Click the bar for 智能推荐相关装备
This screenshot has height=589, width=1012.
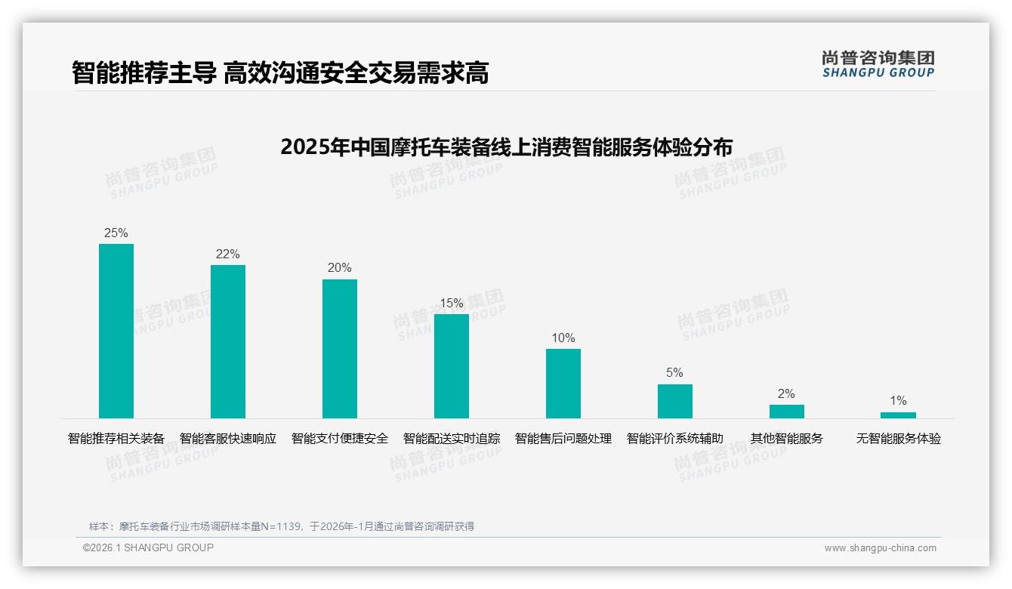[x=116, y=331]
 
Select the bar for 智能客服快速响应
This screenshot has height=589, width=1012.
[x=228, y=341]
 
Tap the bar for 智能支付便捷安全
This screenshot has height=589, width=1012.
[x=340, y=348]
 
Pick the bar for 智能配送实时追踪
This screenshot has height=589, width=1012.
[x=452, y=365]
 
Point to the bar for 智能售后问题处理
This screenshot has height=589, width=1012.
[x=563, y=383]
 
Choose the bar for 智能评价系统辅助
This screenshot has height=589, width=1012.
[x=675, y=401]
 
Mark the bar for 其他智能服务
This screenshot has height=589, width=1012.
[x=787, y=412]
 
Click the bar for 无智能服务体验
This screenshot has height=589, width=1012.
[x=898, y=415]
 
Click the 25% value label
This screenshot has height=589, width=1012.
[x=116, y=233]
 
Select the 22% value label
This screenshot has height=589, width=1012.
[x=228, y=254]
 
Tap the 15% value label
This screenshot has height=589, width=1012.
[x=452, y=303]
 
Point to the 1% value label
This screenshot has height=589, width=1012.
[x=898, y=400]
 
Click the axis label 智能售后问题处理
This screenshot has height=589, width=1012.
[x=563, y=438]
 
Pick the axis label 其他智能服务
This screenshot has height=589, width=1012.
[x=787, y=438]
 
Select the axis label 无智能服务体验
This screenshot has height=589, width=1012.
[x=898, y=438]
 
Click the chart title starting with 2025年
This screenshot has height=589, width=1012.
[x=506, y=146]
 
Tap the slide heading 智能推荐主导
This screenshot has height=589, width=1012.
[x=143, y=72]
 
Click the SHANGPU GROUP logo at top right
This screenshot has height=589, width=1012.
[x=878, y=64]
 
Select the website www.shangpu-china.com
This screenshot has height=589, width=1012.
[x=880, y=548]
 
